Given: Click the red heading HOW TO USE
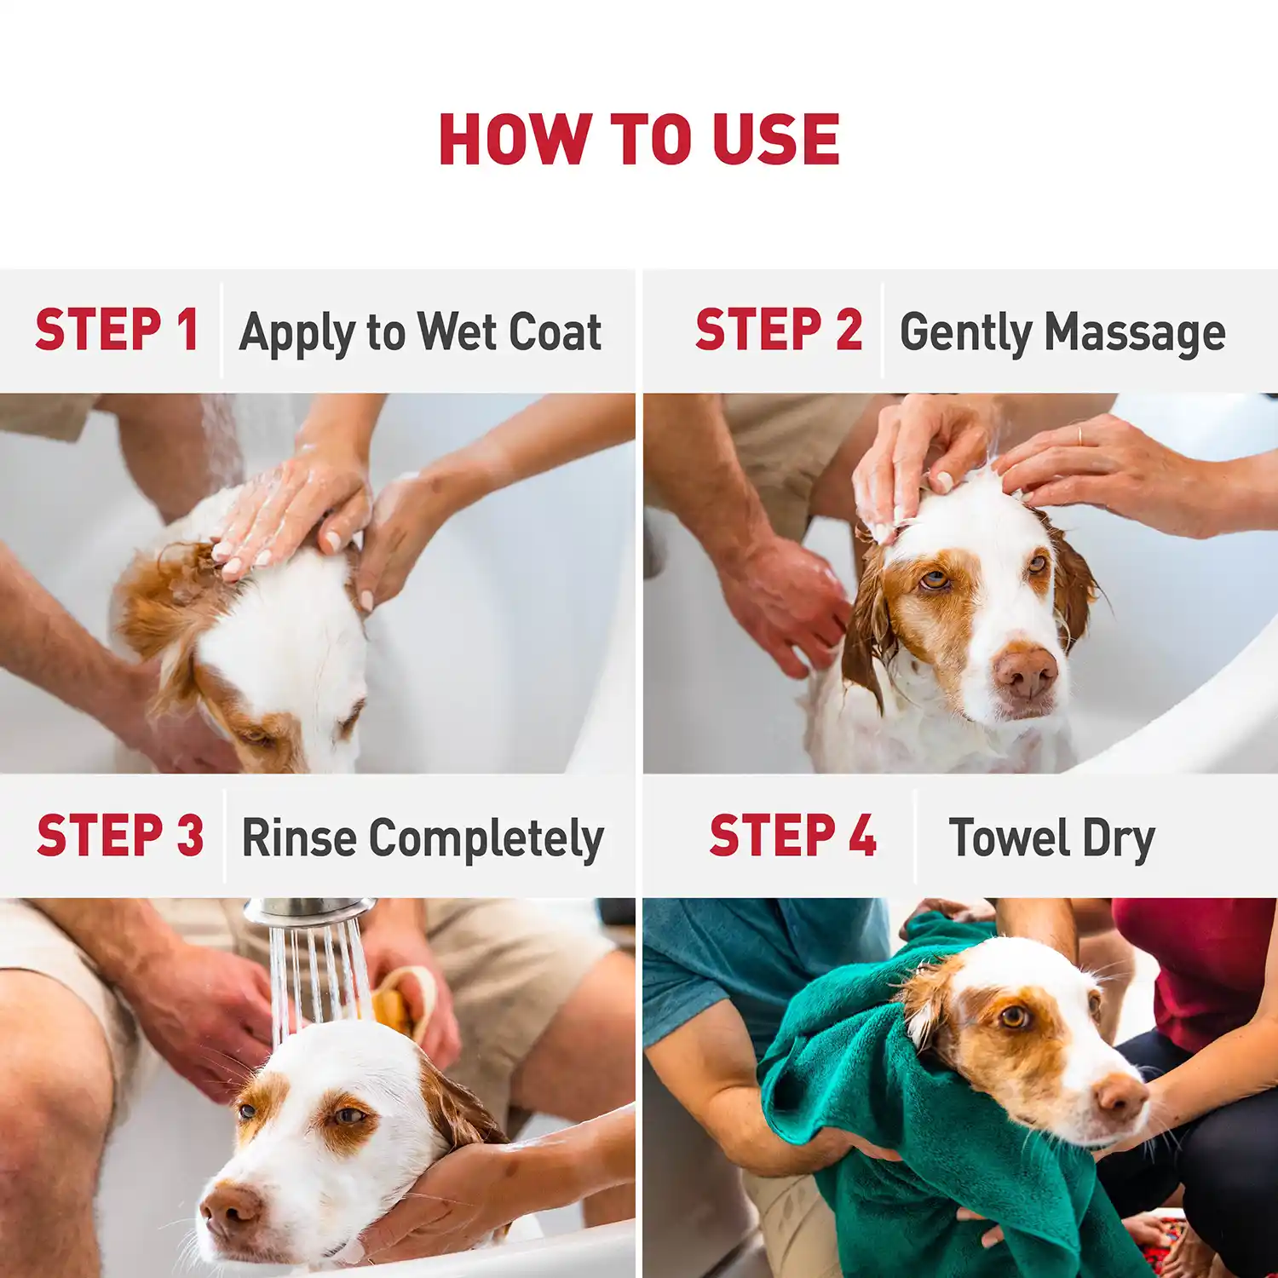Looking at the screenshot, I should point(639,140).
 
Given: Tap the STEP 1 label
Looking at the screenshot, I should point(117,331).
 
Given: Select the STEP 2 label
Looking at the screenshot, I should point(778,331).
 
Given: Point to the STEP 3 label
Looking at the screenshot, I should point(120,836).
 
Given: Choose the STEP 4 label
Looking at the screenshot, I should point(792,836).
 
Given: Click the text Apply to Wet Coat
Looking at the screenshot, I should point(420,332).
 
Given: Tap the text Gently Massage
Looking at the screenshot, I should point(1062,332).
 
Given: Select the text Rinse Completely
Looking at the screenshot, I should point(423,838).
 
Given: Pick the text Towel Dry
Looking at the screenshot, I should point(1051,838).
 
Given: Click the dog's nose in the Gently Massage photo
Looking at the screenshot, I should point(1026,672).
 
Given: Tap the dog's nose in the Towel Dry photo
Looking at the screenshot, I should point(1121,1096).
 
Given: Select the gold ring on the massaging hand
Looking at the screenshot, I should point(1079,435).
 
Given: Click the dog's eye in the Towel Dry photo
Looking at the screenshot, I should point(1013,1016).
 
